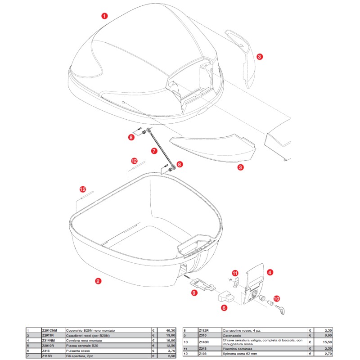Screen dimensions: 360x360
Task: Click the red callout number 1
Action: pos(104,16)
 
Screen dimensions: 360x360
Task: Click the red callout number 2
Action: pos(98,281)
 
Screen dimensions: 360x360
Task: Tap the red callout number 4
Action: pos(269,272)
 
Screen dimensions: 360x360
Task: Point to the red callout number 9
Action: pos(194,292)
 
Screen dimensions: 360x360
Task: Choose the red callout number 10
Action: pos(277,298)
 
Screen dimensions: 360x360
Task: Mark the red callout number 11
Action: pos(234,273)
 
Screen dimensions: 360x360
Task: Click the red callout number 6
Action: pos(224,308)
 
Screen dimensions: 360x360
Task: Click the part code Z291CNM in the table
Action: pos(49,330)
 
